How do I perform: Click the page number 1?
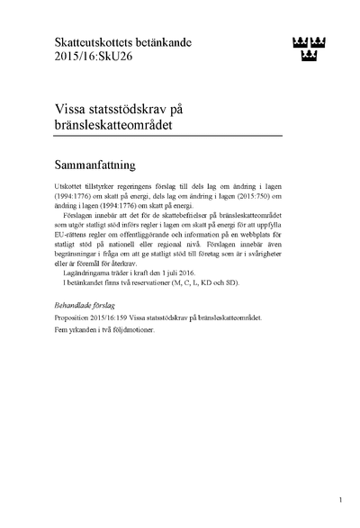[341, 499]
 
